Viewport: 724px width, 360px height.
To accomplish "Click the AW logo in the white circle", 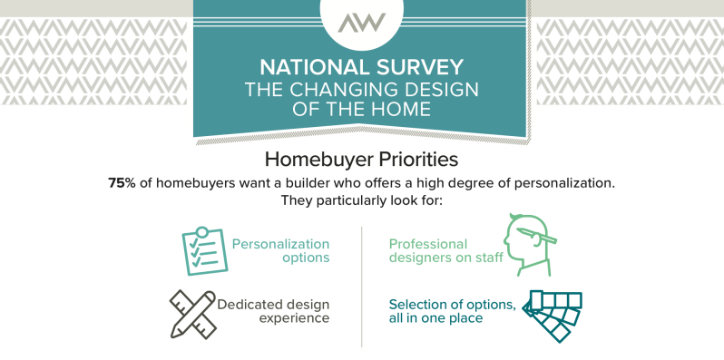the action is pos(361,23).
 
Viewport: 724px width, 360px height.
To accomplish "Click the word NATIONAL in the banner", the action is pos(312,67).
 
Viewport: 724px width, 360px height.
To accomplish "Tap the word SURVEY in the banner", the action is pos(416,67).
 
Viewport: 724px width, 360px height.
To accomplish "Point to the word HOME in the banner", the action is pos(400,110).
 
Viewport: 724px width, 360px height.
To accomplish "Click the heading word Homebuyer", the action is pos(319,161).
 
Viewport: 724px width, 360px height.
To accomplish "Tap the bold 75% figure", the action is pos(122,183).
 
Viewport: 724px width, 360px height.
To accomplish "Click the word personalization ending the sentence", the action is pos(564,184).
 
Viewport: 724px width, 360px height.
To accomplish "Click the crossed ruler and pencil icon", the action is pos(193,314).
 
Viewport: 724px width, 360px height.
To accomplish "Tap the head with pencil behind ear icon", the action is pos(529,245).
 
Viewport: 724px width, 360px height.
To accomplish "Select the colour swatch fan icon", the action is pos(553,316).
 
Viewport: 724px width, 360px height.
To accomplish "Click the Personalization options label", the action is pos(280,250).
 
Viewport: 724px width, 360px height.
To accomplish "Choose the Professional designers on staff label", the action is pos(446,250).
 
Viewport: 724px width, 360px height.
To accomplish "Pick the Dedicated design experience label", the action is pos(273,312).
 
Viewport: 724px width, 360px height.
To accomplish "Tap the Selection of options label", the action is pos(453,312).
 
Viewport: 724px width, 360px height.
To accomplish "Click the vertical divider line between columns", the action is pos(361,287).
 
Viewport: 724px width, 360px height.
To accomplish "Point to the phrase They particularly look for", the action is pos(361,201).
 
